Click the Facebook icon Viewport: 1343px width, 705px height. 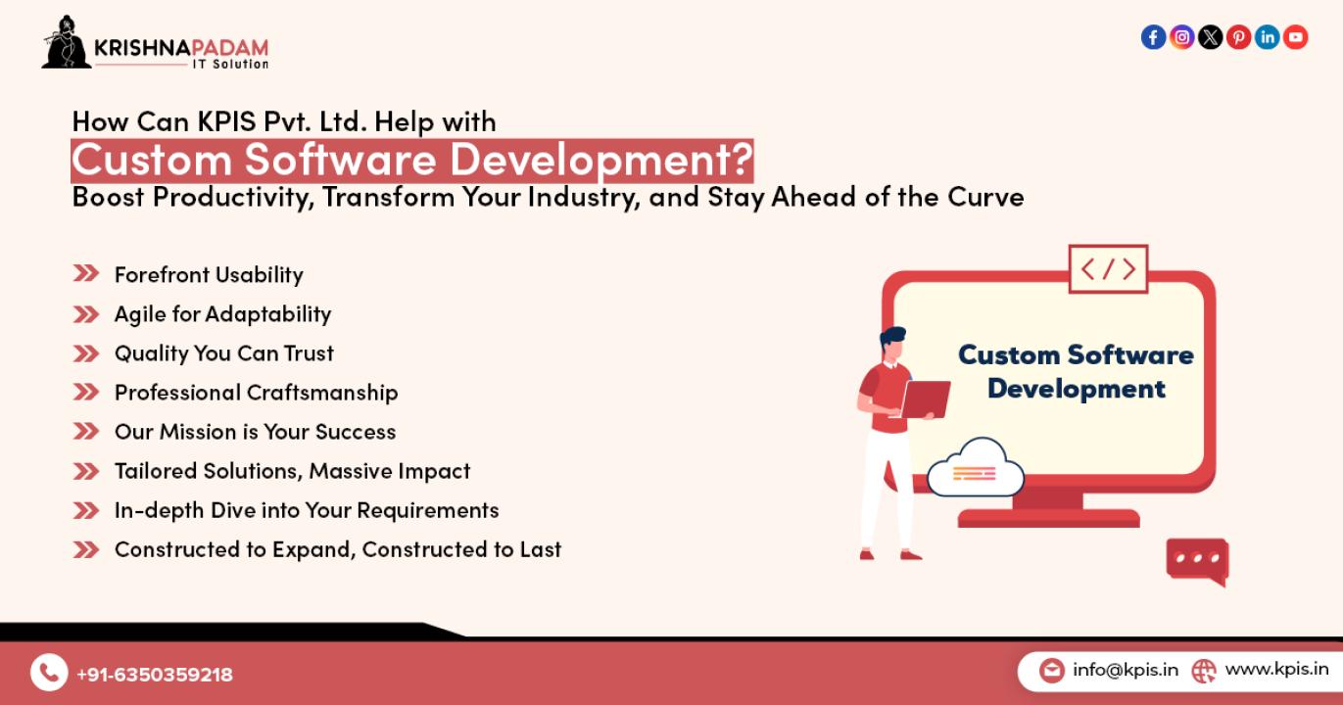coord(1153,37)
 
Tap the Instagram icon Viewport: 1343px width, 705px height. coord(1181,37)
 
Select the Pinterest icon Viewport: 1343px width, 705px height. coord(1239,37)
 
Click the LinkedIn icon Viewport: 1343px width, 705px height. coord(1268,37)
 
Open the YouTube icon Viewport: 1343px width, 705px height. coord(1296,37)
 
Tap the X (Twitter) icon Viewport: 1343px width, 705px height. coord(1211,37)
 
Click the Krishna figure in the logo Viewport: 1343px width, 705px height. coord(66,42)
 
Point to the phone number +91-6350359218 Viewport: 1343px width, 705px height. coord(155,675)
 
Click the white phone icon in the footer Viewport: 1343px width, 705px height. coord(49,672)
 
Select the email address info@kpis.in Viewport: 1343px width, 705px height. coord(1126,670)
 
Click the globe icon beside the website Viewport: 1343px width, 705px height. coord(1203,671)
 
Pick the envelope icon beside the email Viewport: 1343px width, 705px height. coord(1052,670)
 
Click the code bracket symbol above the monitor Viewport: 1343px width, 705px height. coord(1108,268)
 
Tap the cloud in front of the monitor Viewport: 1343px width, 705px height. coord(976,468)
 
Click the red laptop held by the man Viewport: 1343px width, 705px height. coord(926,399)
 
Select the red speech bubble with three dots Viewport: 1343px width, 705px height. coord(1197,561)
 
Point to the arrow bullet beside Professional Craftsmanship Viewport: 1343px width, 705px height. coord(86,392)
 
